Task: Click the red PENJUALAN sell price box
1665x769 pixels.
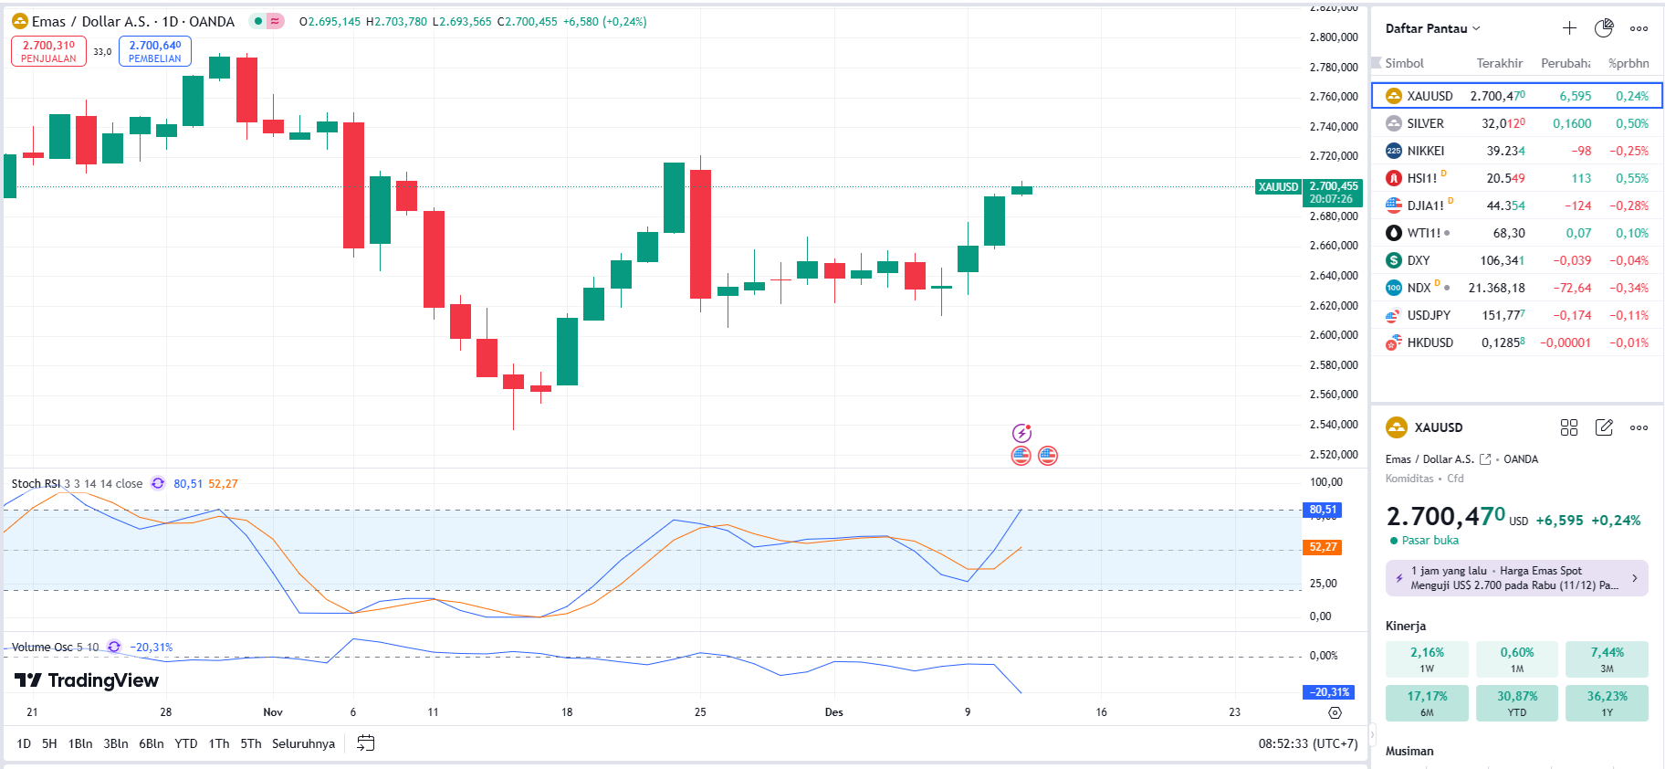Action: (48, 51)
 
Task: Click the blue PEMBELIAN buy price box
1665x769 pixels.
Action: (154, 51)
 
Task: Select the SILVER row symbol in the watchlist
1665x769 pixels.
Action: (1425, 123)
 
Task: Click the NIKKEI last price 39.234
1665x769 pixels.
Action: (1505, 151)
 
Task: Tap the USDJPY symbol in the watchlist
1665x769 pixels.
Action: (1428, 315)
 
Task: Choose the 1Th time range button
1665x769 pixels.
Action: (219, 743)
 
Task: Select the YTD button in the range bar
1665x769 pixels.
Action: (186, 743)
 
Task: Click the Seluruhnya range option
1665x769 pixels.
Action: (303, 743)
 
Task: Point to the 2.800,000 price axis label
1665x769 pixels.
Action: (1334, 37)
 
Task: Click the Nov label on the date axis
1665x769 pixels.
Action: (273, 712)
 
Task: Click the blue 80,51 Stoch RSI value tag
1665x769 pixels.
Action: (1323, 510)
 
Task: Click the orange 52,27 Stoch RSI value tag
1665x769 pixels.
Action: (1323, 547)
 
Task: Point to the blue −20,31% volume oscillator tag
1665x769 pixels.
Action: (1329, 692)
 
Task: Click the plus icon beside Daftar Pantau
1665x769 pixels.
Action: (1569, 28)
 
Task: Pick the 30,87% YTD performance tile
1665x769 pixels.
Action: (1517, 702)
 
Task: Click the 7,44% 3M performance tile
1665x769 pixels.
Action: (1607, 658)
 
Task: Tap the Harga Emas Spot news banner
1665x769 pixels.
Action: (1516, 578)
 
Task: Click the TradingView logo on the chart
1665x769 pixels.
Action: (88, 680)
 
